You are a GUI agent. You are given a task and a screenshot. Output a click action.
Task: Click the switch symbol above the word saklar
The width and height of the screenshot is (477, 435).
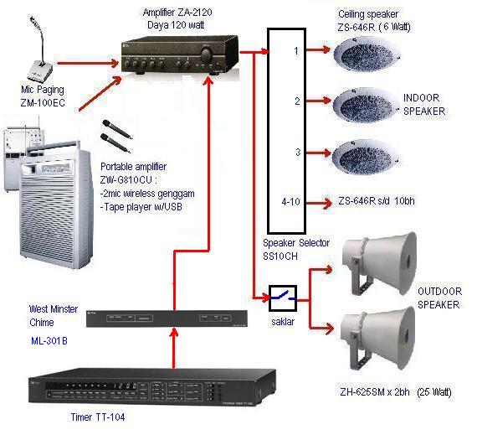(x=281, y=296)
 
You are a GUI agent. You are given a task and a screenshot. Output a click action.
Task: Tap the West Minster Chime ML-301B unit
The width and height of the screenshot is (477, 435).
(x=167, y=318)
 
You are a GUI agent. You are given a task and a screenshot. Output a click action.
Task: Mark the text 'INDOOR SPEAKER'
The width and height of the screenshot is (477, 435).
(x=424, y=104)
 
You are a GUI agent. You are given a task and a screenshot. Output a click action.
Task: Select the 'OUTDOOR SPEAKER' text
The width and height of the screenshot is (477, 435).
(x=438, y=298)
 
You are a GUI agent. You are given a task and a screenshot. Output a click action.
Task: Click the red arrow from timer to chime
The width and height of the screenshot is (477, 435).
(x=172, y=349)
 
